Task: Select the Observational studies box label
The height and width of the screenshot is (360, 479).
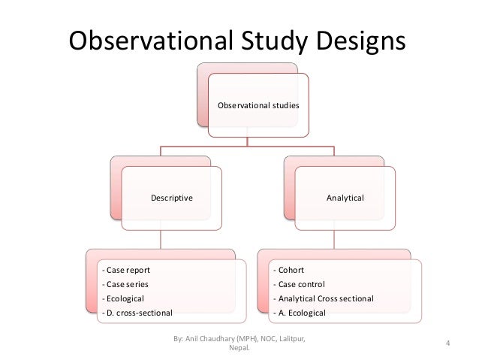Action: (x=258, y=106)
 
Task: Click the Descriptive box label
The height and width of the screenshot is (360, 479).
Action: (x=172, y=198)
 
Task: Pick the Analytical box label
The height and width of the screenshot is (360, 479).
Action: (x=345, y=198)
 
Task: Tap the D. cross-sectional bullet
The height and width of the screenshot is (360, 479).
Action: (x=137, y=312)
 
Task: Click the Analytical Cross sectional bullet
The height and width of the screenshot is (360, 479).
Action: (x=324, y=298)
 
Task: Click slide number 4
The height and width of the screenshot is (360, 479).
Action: (x=447, y=345)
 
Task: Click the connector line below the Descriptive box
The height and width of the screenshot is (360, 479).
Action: (x=161, y=239)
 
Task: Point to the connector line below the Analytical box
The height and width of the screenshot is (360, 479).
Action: (x=334, y=239)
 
